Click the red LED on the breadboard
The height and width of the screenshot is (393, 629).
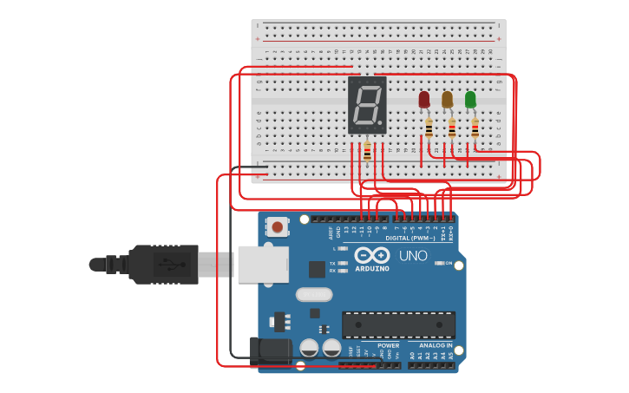(423, 100)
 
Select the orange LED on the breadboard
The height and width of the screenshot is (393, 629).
(447, 100)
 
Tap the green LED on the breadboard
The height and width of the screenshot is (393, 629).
(470, 100)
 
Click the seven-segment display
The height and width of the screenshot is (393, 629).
(367, 105)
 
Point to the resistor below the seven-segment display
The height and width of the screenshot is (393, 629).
(367, 153)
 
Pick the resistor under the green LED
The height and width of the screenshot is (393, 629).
(475, 129)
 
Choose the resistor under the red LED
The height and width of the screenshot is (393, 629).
(429, 129)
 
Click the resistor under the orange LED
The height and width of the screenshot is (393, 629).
(452, 129)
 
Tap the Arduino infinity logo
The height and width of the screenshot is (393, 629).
(371, 255)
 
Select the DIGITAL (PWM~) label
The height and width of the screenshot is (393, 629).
(410, 237)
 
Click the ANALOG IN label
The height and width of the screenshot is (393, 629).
(430, 345)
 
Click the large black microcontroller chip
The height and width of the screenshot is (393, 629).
(398, 325)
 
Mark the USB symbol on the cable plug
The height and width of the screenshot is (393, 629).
(167, 263)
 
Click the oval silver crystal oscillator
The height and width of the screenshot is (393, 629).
(313, 294)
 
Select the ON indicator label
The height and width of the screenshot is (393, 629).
(449, 263)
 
